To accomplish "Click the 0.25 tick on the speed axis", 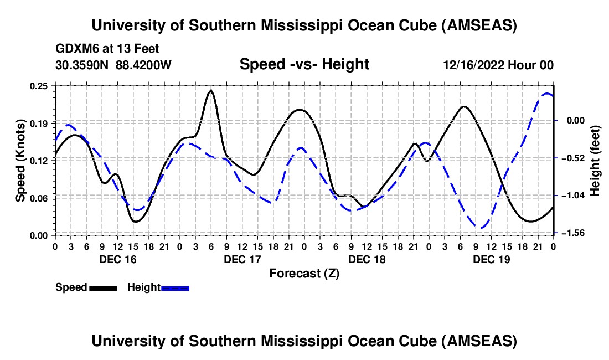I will pos(39,86).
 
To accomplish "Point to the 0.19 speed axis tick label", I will pos(39,122).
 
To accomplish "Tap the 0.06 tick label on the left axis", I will pos(39,198).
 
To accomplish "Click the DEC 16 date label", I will pos(117,259).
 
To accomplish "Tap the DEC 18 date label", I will pos(367,259).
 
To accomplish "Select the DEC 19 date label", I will pos(491,259).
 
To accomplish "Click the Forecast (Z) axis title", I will pos(304,273).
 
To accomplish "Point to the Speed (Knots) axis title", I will pos(20,161).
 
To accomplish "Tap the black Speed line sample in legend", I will pos(103,287).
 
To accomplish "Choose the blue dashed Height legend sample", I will pos(175,287).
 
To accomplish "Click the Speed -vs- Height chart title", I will pos(304,64).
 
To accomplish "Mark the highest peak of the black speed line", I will pos(210,90).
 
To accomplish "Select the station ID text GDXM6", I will pos(76,49).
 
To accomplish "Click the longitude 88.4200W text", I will pos(143,65).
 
